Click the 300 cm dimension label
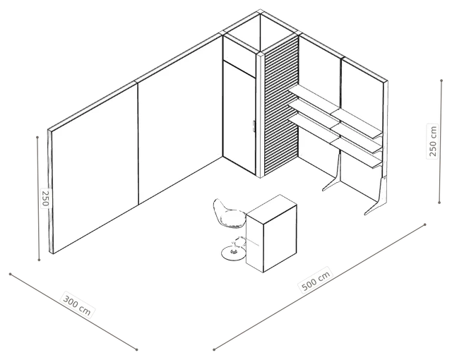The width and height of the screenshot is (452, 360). [x=77, y=305]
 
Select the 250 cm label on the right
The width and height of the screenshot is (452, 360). [x=432, y=141]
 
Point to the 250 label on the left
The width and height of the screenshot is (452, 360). [x=45, y=198]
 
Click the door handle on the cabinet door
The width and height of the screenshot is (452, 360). [x=254, y=127]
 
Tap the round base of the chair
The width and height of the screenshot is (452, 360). [x=233, y=253]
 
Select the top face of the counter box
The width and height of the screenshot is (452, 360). [x=272, y=208]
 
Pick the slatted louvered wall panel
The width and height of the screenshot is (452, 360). [x=281, y=106]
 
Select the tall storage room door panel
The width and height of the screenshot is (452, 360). [x=239, y=118]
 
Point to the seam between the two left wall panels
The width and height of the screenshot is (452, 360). [x=138, y=143]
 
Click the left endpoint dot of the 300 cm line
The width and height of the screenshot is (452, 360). [x=10, y=274]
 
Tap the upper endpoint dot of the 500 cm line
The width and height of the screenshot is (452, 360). [x=425, y=224]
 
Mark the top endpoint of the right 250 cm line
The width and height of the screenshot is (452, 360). [x=441, y=80]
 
